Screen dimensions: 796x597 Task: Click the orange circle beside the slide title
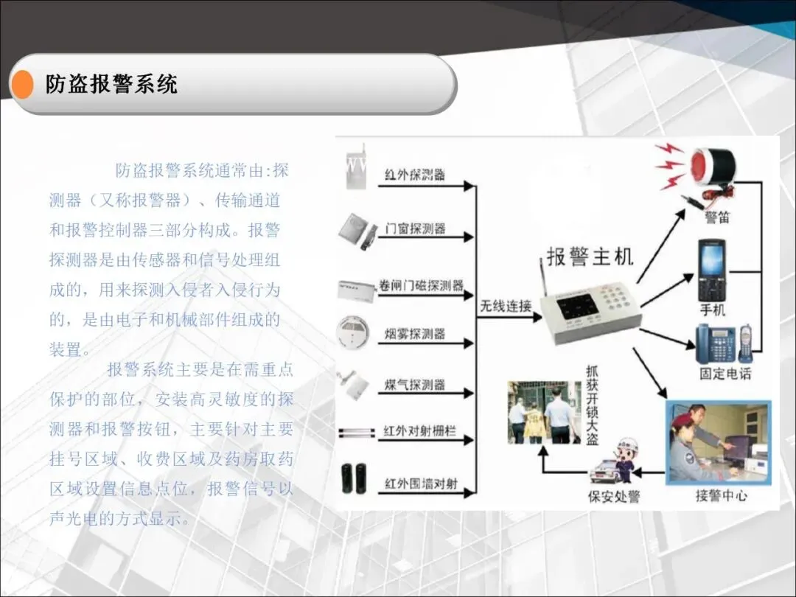(23, 84)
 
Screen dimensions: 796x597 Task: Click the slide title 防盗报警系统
(111, 84)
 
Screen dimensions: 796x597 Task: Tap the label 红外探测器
(415, 175)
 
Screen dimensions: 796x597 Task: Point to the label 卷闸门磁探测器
(422, 285)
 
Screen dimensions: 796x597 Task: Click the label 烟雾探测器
(415, 334)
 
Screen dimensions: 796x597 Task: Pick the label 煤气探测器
(415, 385)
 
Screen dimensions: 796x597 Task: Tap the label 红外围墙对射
(421, 483)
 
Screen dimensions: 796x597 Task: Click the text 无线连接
(506, 305)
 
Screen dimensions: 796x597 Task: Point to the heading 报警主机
(590, 256)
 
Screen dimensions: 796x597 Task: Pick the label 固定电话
(725, 374)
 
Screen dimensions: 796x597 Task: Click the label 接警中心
(721, 495)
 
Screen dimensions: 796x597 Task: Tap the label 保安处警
(613, 496)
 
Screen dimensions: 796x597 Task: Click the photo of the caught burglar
(544, 412)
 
